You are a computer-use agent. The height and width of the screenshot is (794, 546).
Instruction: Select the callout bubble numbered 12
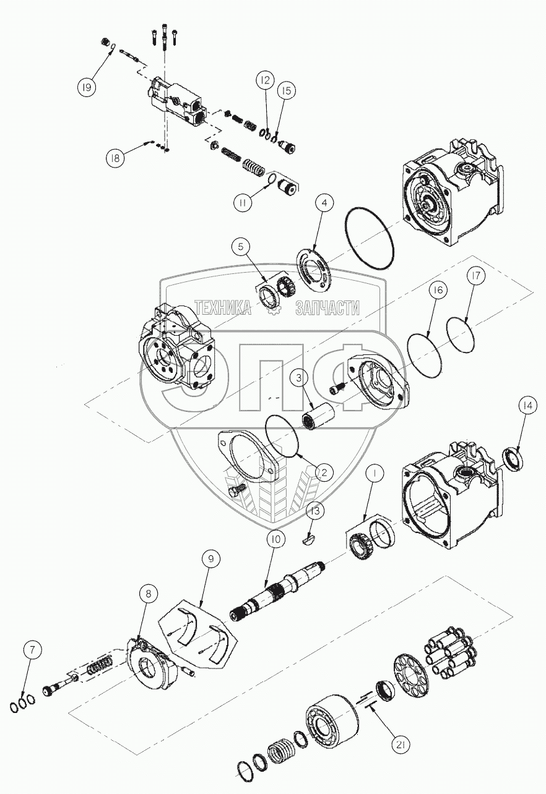coord(265,80)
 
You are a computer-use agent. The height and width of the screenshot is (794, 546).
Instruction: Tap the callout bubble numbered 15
coord(285,91)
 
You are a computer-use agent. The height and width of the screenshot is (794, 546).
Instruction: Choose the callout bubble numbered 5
coord(241,247)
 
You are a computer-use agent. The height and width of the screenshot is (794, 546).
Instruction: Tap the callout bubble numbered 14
coord(527,406)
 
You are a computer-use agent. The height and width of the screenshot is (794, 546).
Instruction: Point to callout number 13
coord(316,511)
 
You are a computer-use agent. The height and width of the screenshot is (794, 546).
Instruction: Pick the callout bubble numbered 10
coord(275,539)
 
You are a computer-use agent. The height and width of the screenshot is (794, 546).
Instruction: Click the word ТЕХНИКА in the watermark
coord(223,307)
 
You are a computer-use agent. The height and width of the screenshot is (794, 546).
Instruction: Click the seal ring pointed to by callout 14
coord(513,459)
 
